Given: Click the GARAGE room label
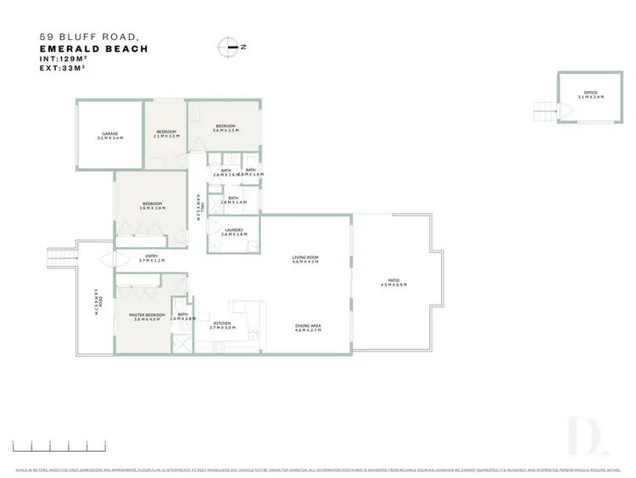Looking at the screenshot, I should click(x=110, y=132).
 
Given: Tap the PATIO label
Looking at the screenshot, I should click(x=393, y=280).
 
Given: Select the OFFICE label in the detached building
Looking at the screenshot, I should click(x=590, y=93).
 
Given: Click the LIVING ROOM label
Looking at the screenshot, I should click(x=305, y=256).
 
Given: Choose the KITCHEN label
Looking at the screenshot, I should click(x=222, y=323).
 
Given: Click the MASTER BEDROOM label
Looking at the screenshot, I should click(x=146, y=315).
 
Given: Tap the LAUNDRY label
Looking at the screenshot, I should click(x=234, y=230).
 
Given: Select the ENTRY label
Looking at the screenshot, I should click(x=152, y=256).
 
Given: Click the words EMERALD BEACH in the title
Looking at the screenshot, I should click(x=94, y=49).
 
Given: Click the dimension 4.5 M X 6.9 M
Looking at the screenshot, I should click(x=393, y=285).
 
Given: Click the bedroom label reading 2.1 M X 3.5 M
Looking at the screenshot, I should click(x=165, y=136).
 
